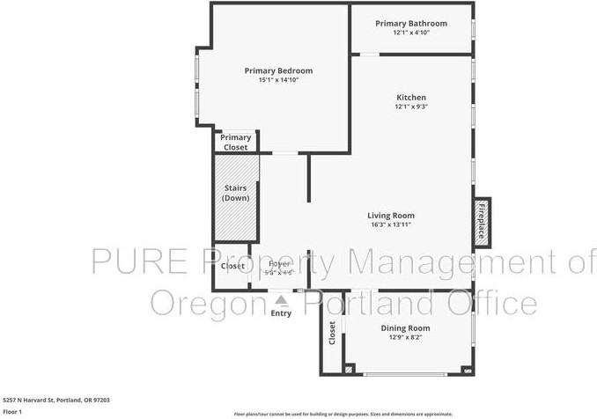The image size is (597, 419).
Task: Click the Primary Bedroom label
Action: tap(278, 70)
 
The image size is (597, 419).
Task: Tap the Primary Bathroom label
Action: tap(410, 23)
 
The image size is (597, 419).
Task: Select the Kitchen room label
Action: tap(410, 97)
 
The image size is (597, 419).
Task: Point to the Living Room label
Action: tap(391, 215)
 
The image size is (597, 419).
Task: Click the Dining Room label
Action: tap(405, 327)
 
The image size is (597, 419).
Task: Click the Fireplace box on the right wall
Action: tap(483, 222)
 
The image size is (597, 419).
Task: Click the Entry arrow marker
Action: tap(282, 300)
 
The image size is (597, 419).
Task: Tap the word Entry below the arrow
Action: tap(281, 313)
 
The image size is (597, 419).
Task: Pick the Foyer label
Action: tap(279, 263)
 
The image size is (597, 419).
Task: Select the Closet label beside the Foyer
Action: tap(232, 266)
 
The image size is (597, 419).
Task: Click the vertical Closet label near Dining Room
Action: tap(332, 333)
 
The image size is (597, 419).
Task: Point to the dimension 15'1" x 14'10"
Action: tap(278, 80)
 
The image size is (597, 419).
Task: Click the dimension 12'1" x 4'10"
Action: tap(410, 33)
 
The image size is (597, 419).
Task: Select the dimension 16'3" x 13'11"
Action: tap(391, 224)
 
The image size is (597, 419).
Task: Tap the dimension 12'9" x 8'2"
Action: tap(405, 337)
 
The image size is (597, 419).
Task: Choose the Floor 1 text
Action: tap(12, 411)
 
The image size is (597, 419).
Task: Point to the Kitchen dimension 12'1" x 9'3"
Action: tap(410, 107)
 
